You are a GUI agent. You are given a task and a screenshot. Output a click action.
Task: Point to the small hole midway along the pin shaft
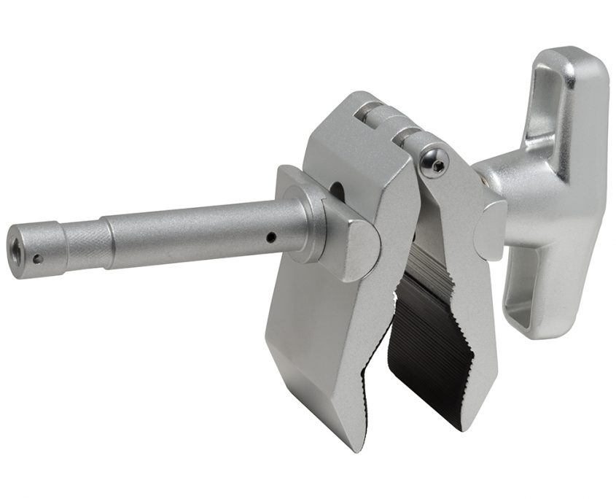[x=270, y=236]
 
